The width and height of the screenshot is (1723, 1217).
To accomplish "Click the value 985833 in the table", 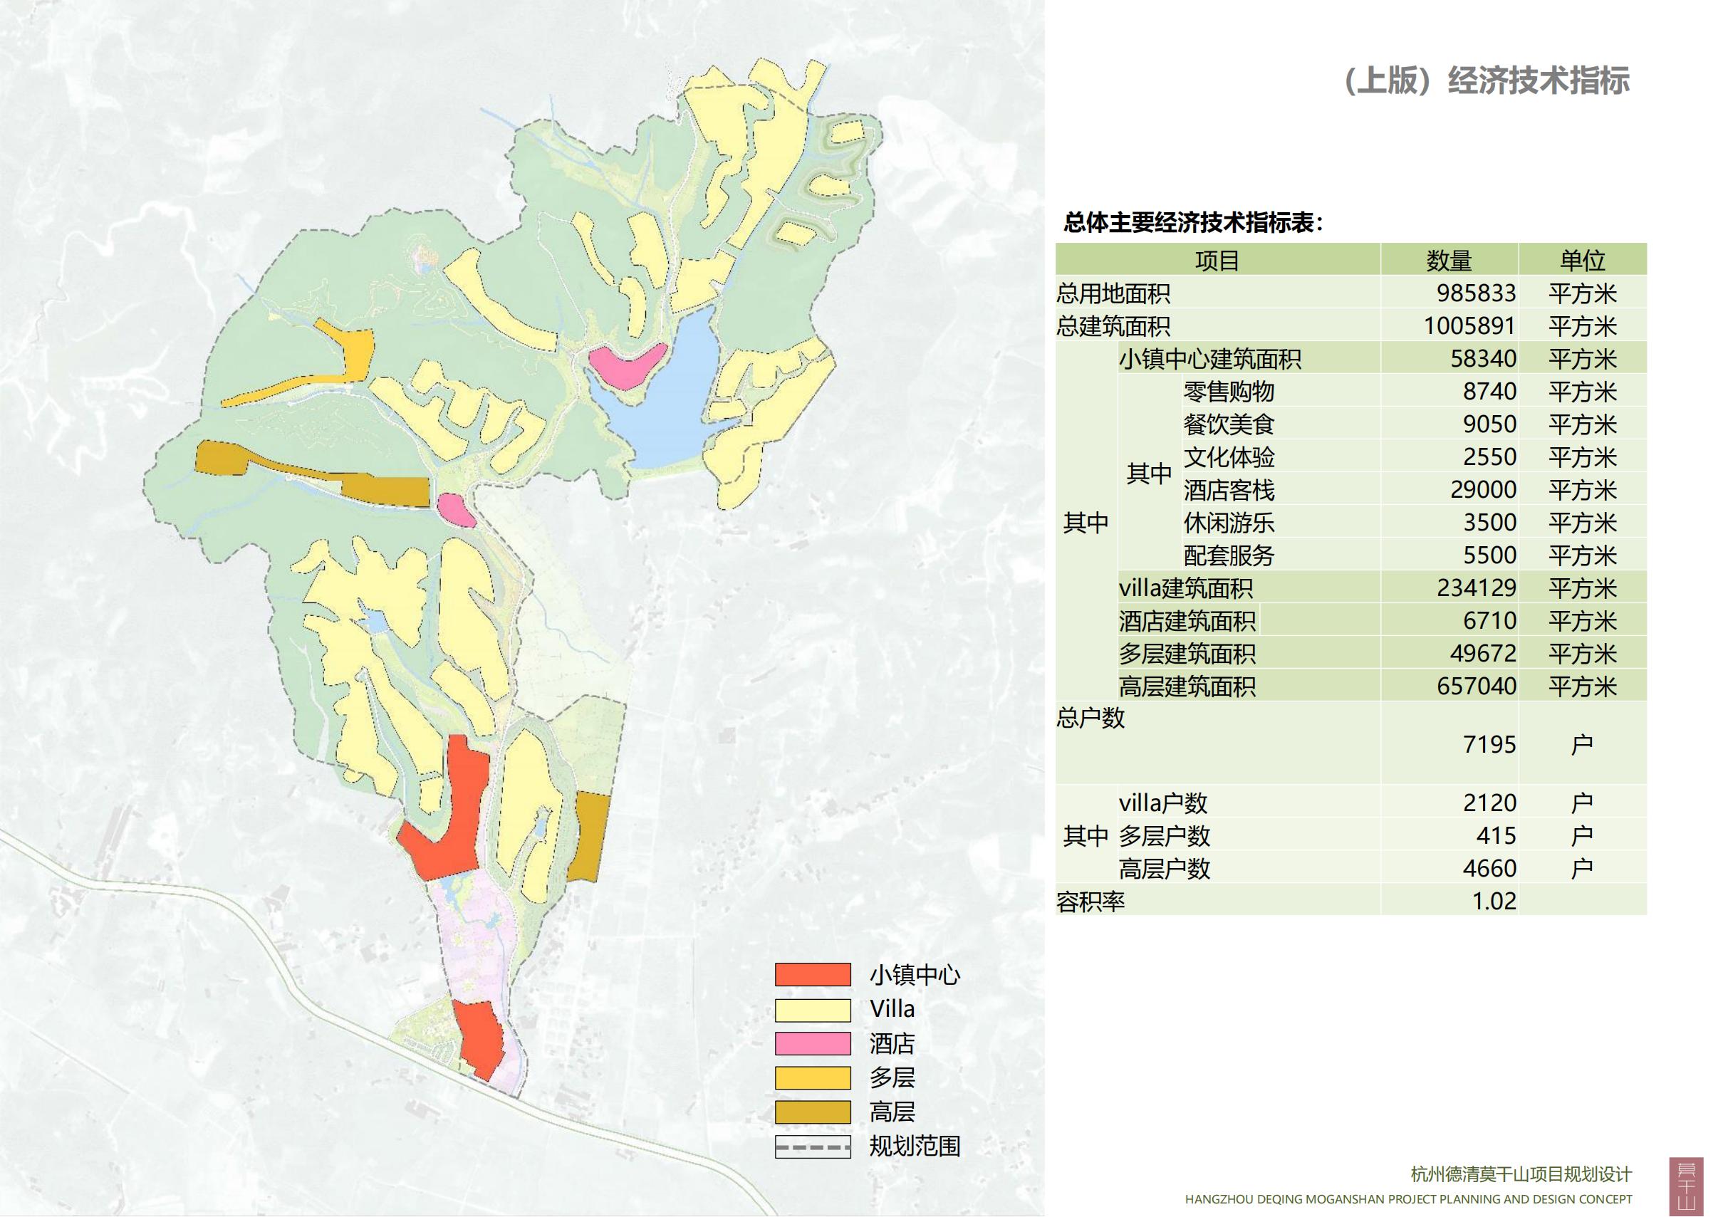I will [x=1475, y=293].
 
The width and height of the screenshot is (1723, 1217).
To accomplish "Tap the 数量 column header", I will [x=1448, y=260].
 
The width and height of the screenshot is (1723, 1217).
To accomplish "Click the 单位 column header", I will [x=1582, y=260].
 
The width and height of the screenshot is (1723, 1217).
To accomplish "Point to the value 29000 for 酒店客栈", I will [x=1483, y=489].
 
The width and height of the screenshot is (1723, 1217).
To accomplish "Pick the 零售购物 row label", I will [x=1229, y=391].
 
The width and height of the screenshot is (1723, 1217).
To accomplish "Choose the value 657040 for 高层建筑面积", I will [x=1475, y=686].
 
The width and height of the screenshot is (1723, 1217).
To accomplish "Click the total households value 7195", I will [x=1489, y=744].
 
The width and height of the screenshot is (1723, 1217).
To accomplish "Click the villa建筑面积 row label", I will [x=1186, y=587].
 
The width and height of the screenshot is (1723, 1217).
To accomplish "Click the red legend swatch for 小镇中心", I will [x=813, y=975].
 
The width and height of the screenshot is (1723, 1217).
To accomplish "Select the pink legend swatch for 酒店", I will [x=813, y=1044].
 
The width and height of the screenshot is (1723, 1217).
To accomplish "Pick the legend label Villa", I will [x=892, y=1009].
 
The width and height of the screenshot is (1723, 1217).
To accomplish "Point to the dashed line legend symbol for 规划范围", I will [x=813, y=1147].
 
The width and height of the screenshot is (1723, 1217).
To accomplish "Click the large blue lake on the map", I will [x=668, y=405].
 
